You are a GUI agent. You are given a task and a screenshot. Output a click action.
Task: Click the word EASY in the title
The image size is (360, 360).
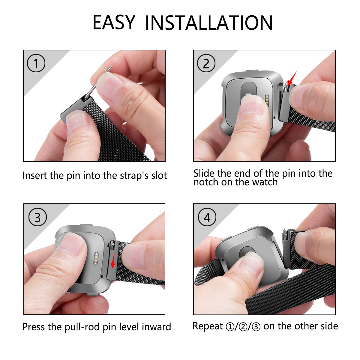[114, 22]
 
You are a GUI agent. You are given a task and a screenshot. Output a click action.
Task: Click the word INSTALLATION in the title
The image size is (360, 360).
[209, 23]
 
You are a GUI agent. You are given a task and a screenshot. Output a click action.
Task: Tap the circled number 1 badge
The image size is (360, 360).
[36, 63]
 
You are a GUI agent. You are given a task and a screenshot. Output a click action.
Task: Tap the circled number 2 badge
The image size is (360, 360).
[206, 63]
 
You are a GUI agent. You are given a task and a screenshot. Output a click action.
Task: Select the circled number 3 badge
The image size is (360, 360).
[37, 217]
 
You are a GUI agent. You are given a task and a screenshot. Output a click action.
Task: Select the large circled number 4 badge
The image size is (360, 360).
[207, 217]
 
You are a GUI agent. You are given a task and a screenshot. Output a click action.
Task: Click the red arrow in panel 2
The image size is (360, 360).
[292, 78]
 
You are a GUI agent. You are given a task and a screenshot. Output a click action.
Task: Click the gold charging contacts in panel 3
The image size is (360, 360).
[96, 259]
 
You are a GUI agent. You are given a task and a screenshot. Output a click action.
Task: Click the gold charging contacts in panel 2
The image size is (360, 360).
[267, 100]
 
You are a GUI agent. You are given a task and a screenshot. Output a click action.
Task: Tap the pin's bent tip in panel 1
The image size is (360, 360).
[109, 69]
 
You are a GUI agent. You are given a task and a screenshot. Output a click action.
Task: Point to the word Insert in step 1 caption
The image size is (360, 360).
[35, 175]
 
